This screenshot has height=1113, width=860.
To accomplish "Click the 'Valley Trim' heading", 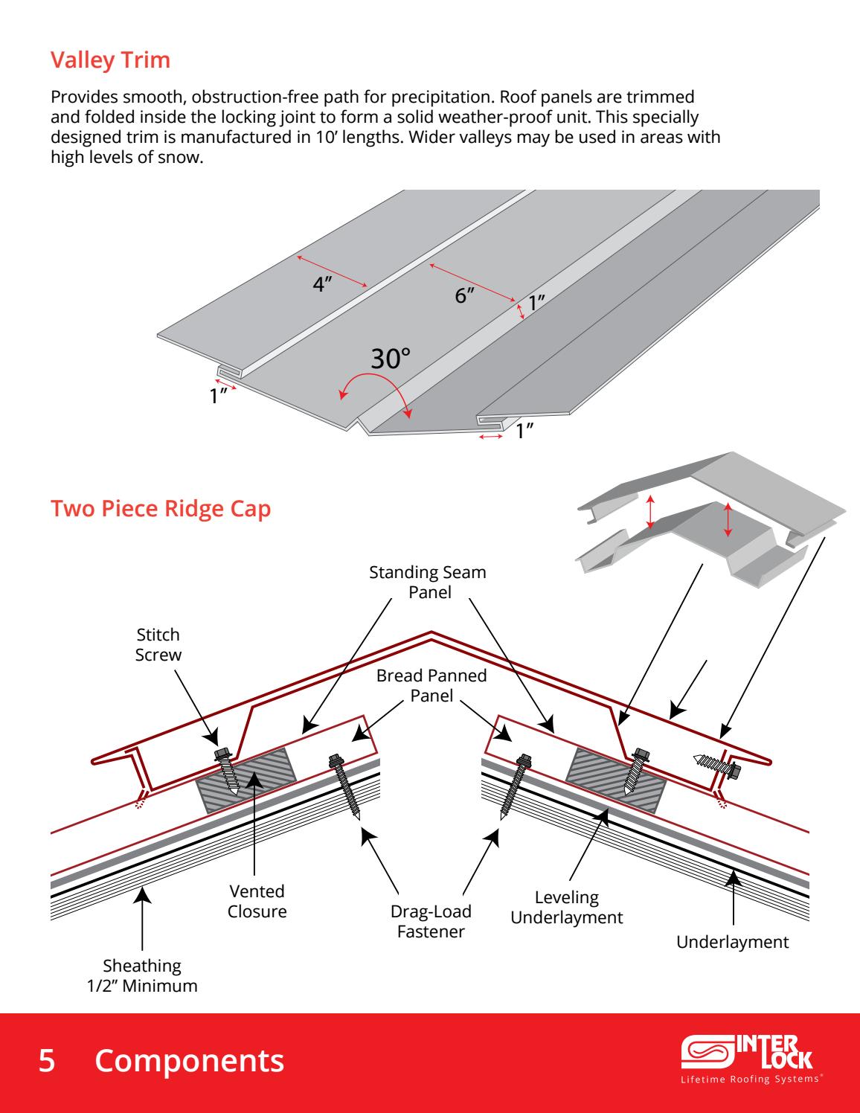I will click(110, 60).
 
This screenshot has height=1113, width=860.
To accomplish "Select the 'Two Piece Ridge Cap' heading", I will click(160, 510).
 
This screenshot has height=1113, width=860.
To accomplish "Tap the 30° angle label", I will click(391, 359).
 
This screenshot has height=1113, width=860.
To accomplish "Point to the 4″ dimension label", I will click(322, 285).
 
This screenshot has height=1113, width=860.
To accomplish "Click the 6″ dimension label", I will click(465, 295).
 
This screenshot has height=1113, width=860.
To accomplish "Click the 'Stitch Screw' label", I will click(158, 644).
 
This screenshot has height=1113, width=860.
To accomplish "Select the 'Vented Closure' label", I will click(257, 901).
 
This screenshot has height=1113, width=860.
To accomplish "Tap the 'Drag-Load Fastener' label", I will click(431, 921).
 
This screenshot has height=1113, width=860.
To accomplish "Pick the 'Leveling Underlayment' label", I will click(566, 908).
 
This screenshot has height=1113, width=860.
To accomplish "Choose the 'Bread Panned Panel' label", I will click(431, 686).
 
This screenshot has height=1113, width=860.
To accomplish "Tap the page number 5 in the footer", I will click(47, 1061).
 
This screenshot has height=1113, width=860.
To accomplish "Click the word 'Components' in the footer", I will click(189, 1061).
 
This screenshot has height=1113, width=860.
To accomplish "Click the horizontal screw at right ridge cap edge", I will click(716, 764).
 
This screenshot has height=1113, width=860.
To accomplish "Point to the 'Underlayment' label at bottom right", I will click(732, 942).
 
